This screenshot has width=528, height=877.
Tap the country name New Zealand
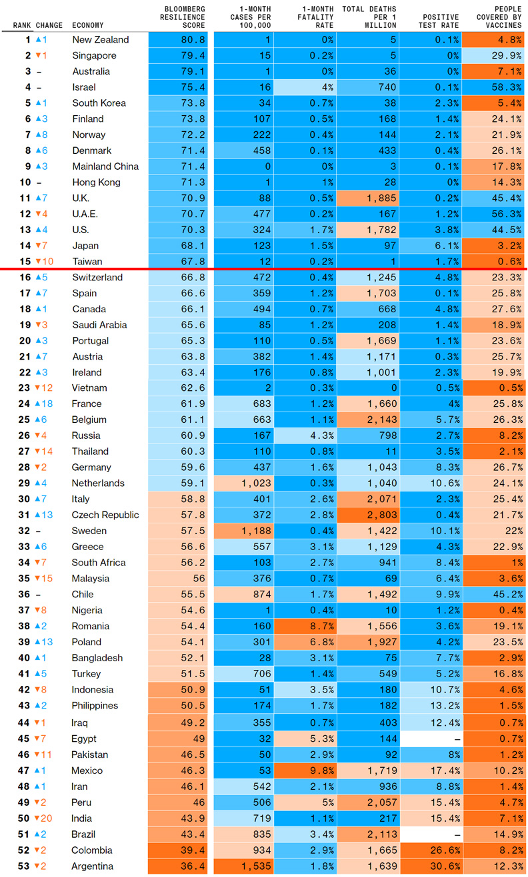[101, 40]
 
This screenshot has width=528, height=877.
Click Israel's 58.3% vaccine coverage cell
[495, 87]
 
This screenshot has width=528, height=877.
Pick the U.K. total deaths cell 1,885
[369, 198]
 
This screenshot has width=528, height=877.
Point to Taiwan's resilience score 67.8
[183, 262]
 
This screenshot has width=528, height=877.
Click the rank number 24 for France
[25, 404]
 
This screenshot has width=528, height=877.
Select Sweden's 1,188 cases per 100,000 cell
[243, 531]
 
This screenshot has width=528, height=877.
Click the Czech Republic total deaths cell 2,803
[369, 515]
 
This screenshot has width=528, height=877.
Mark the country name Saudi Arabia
[99, 325]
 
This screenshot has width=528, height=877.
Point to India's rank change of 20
[47, 818]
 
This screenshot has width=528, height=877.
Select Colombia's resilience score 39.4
[183, 850]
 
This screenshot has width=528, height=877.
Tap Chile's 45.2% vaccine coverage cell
[495, 595]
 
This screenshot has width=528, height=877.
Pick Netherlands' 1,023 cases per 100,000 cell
[243, 483]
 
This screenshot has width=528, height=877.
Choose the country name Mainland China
[105, 166]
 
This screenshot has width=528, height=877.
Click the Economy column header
[87, 25]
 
